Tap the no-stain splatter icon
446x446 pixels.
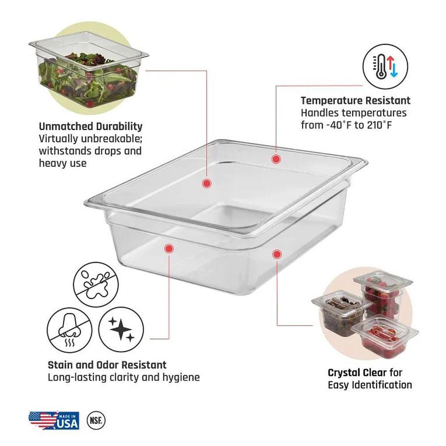click(x=96, y=285)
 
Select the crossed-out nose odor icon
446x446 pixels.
click(x=70, y=330)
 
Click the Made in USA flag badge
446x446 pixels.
click(x=54, y=420)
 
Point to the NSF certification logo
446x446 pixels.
click(x=96, y=420)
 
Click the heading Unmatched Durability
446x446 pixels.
click(x=91, y=126)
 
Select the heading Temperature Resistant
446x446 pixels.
click(x=355, y=100)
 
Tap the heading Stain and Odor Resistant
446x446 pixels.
click(x=107, y=365)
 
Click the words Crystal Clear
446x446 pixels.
click(x=357, y=372)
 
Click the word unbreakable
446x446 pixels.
click(x=111, y=139)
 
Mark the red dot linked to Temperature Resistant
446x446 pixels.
click(x=276, y=159)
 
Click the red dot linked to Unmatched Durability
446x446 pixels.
click(x=207, y=183)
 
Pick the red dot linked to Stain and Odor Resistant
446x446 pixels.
click(x=169, y=248)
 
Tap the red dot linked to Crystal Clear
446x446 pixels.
click(x=277, y=254)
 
